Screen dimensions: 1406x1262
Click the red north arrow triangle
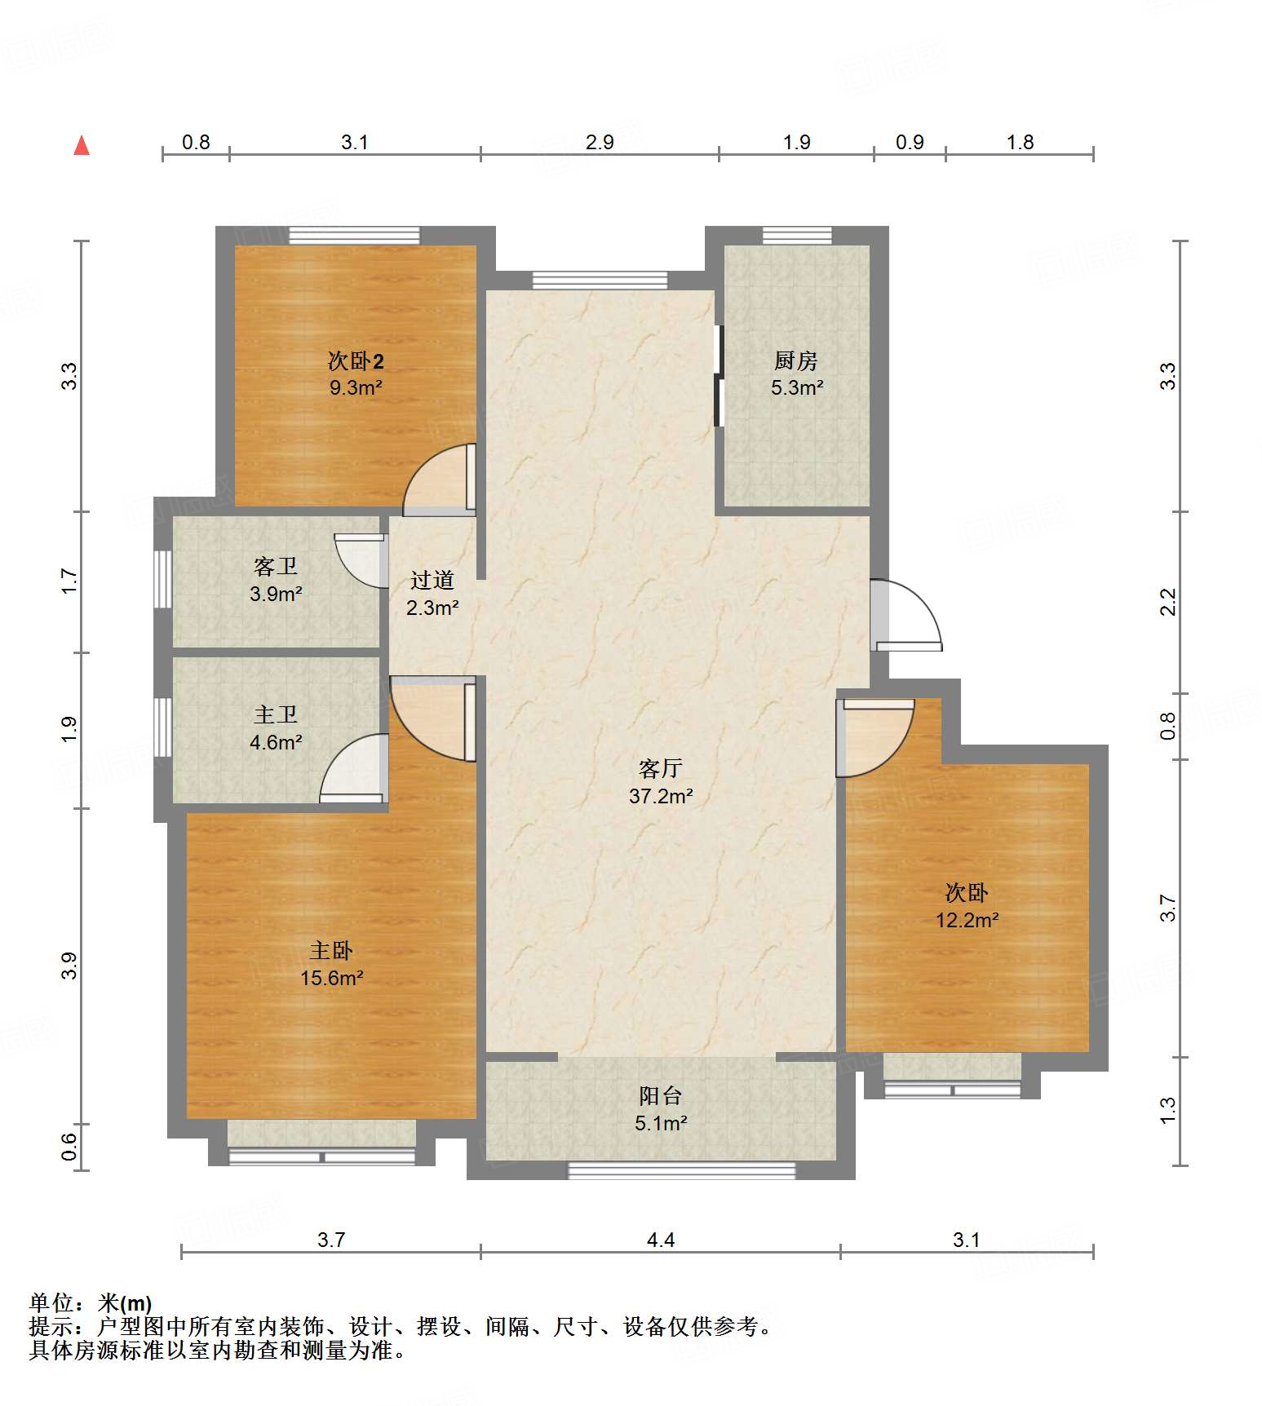(x=82, y=146)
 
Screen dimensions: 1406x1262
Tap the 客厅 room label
(x=660, y=768)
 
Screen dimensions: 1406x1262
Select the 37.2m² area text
(x=661, y=796)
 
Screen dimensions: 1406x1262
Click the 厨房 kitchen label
(x=795, y=360)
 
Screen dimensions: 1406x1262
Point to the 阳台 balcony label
(x=660, y=1095)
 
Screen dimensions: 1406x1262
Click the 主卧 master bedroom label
(x=331, y=950)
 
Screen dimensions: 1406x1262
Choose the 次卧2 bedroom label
(x=356, y=360)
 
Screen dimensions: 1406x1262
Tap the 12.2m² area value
(x=967, y=920)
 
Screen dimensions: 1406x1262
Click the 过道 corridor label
(x=432, y=580)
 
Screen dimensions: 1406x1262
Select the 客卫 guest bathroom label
(x=276, y=566)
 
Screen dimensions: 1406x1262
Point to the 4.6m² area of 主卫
(x=276, y=742)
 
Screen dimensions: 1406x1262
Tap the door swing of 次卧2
(x=439, y=480)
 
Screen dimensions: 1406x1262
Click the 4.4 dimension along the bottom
(x=660, y=1240)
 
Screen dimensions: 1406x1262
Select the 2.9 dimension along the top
(x=599, y=143)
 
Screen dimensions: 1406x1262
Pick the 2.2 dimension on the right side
(x=1168, y=602)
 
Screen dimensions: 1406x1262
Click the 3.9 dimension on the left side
(x=69, y=966)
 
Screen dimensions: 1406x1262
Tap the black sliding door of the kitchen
(x=718, y=376)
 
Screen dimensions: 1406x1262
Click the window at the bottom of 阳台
(x=681, y=1170)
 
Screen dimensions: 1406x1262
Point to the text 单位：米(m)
(x=91, y=1303)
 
